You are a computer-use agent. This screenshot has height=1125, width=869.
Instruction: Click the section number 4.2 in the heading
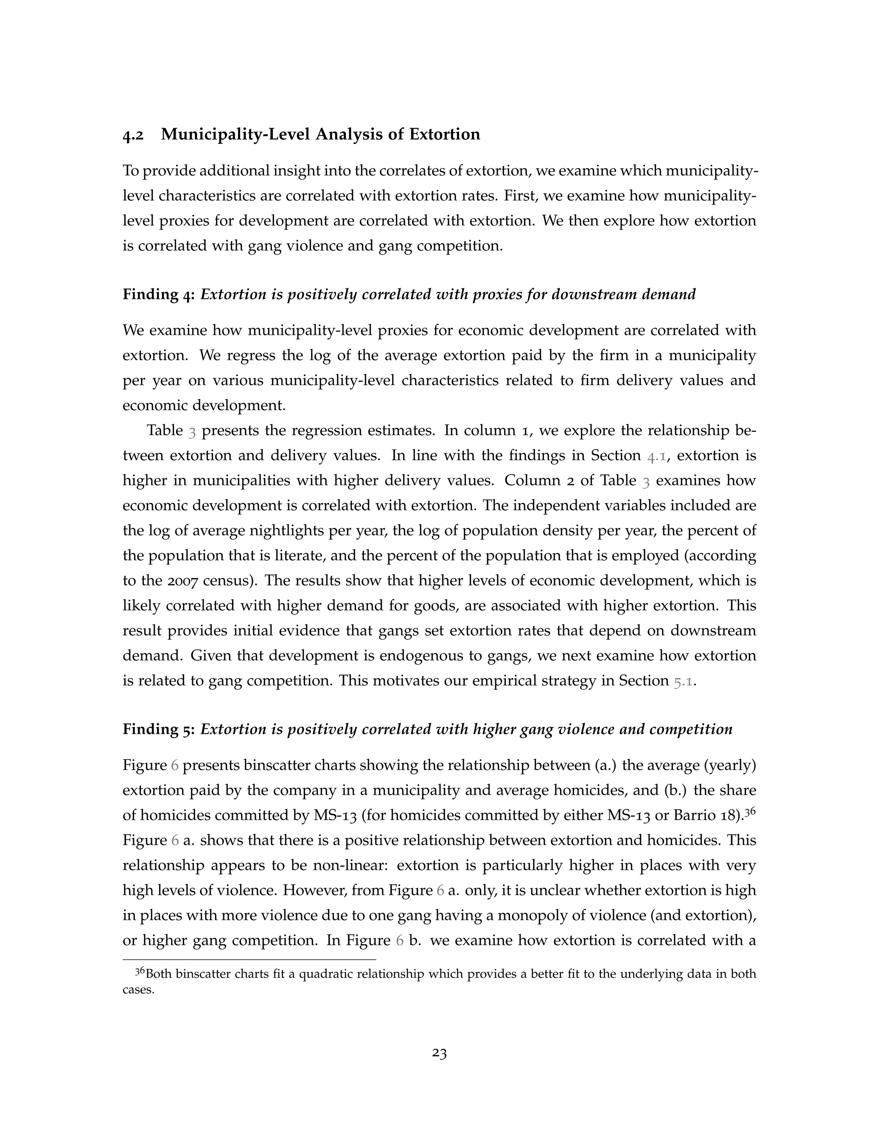(133, 135)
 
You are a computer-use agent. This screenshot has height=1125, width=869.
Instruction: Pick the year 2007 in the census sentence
(165, 580)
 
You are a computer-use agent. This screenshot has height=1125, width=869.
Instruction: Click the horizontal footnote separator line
(249, 959)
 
